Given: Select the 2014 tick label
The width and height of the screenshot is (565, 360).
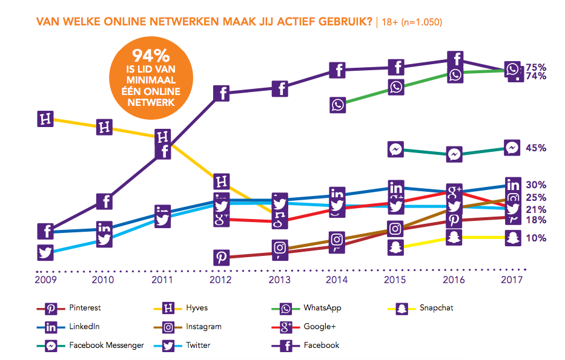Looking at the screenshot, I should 337,280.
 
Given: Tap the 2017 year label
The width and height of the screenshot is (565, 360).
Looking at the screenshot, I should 512,280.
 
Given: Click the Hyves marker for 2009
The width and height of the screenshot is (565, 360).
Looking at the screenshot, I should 45,119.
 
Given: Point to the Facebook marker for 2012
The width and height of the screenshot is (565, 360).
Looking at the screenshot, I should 222,93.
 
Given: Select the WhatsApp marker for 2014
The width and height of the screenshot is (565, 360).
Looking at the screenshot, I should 338,105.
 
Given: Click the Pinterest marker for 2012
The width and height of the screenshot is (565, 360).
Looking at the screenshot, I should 222,257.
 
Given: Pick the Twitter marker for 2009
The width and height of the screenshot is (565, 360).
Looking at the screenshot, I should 45,252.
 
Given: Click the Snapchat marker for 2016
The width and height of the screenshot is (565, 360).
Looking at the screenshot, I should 454,237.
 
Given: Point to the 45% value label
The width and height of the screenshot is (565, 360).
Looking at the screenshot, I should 536,148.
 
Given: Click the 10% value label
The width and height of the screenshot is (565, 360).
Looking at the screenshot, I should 536,238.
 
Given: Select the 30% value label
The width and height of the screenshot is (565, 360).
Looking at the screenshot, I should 536,185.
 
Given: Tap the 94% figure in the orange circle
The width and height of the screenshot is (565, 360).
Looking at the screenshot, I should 151,56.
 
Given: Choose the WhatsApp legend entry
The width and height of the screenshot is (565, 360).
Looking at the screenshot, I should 322,308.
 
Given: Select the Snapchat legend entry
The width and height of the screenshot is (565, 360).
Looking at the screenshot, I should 436,308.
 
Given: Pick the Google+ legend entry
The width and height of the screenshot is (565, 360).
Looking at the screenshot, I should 319,327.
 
